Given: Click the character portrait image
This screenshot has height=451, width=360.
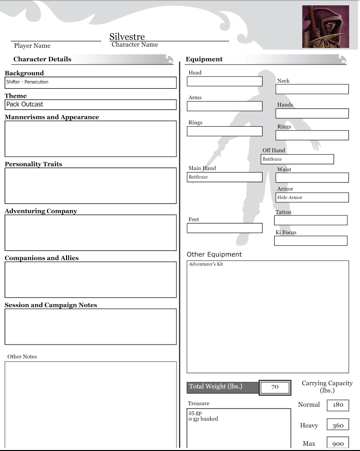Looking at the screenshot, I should click(x=325, y=27).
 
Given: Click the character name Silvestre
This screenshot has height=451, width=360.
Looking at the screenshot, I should click(x=127, y=37).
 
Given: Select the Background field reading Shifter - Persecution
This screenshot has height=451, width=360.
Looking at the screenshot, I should click(x=91, y=82).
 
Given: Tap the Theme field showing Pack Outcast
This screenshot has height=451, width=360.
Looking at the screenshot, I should click(x=91, y=105).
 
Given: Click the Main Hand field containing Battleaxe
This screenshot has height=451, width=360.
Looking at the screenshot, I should click(x=225, y=177).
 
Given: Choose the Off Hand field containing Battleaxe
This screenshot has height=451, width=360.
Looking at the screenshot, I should click(x=297, y=159).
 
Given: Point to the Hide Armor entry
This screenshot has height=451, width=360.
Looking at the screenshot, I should click(x=312, y=198).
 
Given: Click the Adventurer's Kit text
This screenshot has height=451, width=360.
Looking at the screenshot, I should click(x=206, y=265).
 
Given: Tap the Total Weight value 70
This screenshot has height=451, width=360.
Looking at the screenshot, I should click(x=275, y=387).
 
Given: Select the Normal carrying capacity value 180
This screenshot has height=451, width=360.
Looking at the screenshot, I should click(x=338, y=405).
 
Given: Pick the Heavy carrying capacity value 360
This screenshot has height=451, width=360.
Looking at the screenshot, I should click(x=338, y=425).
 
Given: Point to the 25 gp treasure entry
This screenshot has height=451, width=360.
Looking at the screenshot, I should click(x=195, y=413).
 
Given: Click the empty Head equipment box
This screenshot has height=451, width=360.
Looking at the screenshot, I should click(x=225, y=81).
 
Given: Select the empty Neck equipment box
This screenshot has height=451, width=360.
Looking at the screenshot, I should click(x=312, y=89).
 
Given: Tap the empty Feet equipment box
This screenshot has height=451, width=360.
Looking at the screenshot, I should click(x=225, y=228).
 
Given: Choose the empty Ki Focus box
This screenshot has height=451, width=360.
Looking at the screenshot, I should click(x=310, y=240).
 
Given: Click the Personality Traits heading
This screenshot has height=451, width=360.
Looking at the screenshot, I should click(x=33, y=164).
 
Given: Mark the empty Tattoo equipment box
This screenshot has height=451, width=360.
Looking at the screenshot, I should click(x=310, y=220).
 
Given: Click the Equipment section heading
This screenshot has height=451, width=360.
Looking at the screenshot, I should click(x=204, y=59).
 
